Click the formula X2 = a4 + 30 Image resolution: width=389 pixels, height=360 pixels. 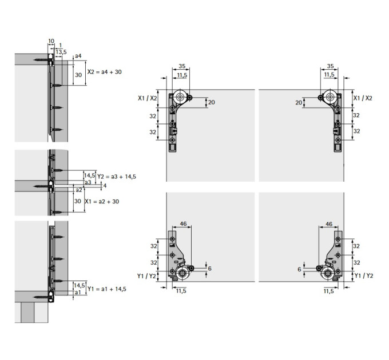(105, 72)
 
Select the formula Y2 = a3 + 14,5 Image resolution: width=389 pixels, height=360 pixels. (117, 177)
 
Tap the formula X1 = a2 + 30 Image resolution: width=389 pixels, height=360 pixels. (102, 202)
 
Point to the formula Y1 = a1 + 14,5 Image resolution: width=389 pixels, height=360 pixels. (106, 289)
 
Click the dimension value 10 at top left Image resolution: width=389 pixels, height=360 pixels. (51, 41)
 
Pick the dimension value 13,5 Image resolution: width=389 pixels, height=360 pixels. (61, 52)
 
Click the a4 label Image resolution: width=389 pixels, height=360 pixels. (78, 56)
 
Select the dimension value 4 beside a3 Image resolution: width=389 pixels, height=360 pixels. (105, 186)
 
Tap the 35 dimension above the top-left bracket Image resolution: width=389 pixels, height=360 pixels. (182, 66)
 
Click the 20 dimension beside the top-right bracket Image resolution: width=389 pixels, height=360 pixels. (299, 102)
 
